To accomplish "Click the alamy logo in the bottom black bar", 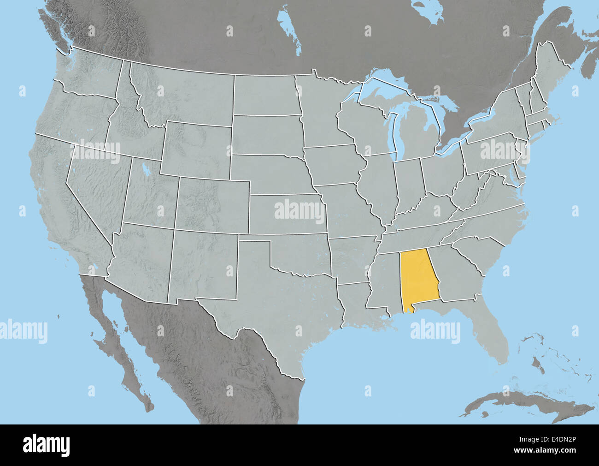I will click(x=47, y=445).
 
